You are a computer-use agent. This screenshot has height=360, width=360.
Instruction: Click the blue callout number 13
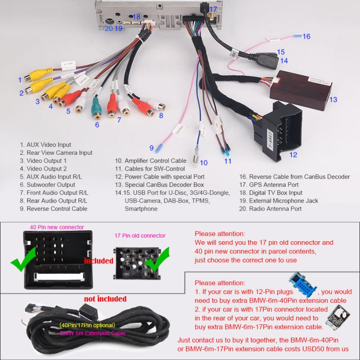click(x=333, y=99)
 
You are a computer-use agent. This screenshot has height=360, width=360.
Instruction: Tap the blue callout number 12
click(x=293, y=154)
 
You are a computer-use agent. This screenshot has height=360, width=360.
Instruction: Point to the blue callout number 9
click(x=152, y=147)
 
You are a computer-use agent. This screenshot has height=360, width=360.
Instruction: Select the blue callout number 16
click(x=306, y=36)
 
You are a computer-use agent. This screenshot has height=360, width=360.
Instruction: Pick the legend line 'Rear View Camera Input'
click(x=56, y=153)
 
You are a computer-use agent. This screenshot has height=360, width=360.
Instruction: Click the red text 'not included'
click(x=105, y=299)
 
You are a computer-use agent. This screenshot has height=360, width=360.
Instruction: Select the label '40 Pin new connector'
click(x=57, y=227)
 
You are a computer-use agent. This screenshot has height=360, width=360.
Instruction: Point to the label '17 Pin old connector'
click(x=140, y=235)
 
